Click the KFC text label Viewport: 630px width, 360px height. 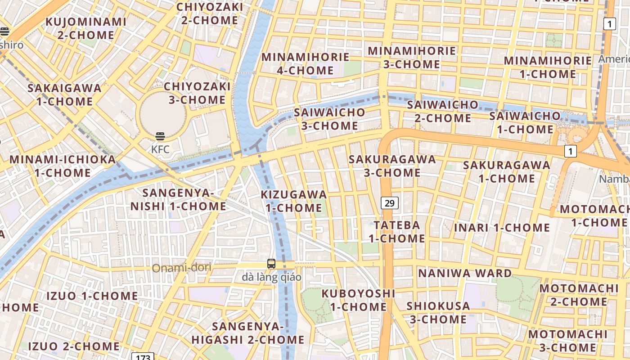pyautogui.click(x=160, y=149)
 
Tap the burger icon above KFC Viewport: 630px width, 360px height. pyautogui.click(x=160, y=136)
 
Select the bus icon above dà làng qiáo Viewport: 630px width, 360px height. pyautogui.click(x=271, y=264)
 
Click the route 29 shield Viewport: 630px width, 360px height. pyautogui.click(x=390, y=203)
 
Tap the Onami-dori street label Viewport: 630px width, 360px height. pyautogui.click(x=181, y=268)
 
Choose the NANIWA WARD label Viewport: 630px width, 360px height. pyautogui.click(x=465, y=273)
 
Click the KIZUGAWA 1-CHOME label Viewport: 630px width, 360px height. pyautogui.click(x=294, y=201)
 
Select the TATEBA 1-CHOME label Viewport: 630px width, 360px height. pyautogui.click(x=396, y=231)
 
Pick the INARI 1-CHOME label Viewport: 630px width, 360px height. pyautogui.click(x=502, y=228)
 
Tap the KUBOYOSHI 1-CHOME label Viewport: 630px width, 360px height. pyautogui.click(x=358, y=300)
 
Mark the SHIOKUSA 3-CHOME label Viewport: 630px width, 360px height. pyautogui.click(x=438, y=312)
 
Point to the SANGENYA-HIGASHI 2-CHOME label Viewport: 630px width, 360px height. pyautogui.click(x=248, y=333)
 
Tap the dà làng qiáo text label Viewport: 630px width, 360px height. pyautogui.click(x=271, y=277)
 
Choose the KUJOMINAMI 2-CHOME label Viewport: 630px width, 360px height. pyautogui.click(x=85, y=28)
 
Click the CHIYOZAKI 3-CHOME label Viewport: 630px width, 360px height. pyautogui.click(x=197, y=93)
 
